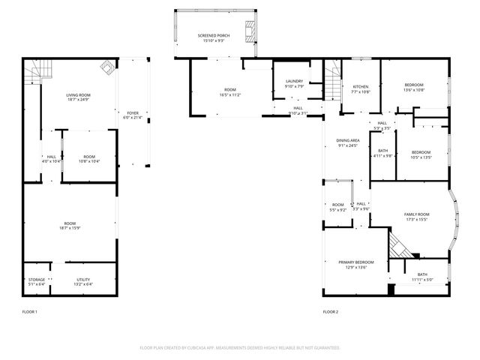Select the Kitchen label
click(x=361, y=87)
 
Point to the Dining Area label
click(x=347, y=140)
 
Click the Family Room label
click(x=416, y=214)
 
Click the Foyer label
click(x=132, y=112)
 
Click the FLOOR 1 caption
click(x=30, y=311)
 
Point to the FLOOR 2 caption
click(x=331, y=311)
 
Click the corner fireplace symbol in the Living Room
click(x=107, y=70)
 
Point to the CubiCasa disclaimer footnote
click(x=240, y=347)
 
